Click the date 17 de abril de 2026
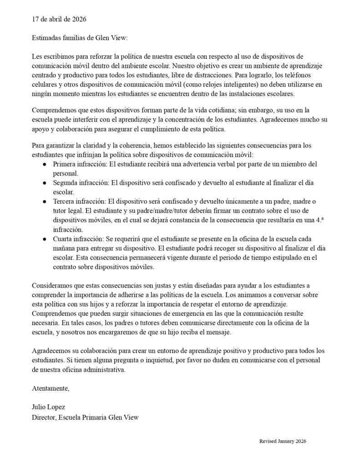pyautogui.click(x=59, y=19)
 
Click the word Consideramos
pyautogui.click(x=52, y=286)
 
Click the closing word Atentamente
pyautogui.click(x=51, y=388)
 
